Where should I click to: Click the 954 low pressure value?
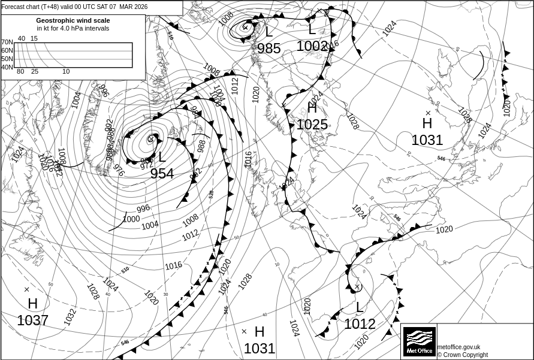pos(162,174)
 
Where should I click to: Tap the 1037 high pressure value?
pos(32,320)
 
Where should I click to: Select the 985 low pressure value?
pos(269,49)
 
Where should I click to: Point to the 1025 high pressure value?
pos(312,125)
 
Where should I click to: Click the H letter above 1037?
pos(32,304)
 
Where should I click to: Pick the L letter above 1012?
pos(359,308)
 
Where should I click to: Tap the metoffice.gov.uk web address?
pos(458,347)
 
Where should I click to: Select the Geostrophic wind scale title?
pos(73,20)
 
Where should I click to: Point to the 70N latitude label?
pos(7,43)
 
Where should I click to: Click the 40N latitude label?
pos(7,67)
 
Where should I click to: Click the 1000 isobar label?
pos(131,219)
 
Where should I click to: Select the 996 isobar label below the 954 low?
pos(143,208)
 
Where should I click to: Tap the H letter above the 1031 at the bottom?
pos(260,332)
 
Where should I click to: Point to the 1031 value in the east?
pos(427,140)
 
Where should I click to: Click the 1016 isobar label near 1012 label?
pos(173,265)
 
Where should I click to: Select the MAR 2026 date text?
pos(133,7)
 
